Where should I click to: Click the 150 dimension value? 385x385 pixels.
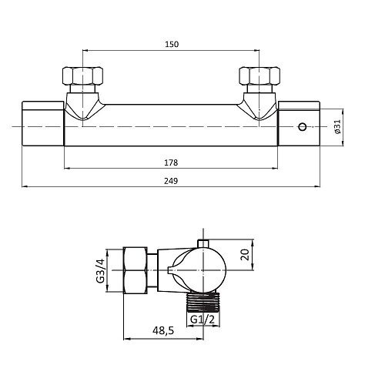click(172, 44)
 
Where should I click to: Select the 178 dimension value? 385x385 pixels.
click(171, 162)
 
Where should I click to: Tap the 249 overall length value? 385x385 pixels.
click(171, 181)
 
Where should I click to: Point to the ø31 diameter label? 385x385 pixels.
click(338, 126)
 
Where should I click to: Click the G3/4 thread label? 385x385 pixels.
click(101, 270)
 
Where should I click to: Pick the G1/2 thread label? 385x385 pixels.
click(203, 320)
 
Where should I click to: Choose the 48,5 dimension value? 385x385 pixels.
click(163, 330)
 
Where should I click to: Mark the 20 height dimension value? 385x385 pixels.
click(245, 255)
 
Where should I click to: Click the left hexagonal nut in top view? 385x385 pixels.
click(83, 76)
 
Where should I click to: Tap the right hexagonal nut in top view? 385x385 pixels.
click(259, 76)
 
